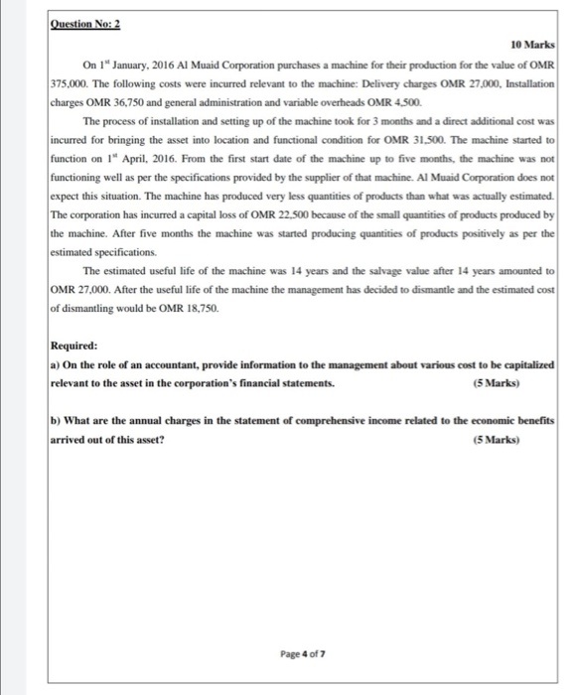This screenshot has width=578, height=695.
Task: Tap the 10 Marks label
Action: pyautogui.click(x=531, y=46)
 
